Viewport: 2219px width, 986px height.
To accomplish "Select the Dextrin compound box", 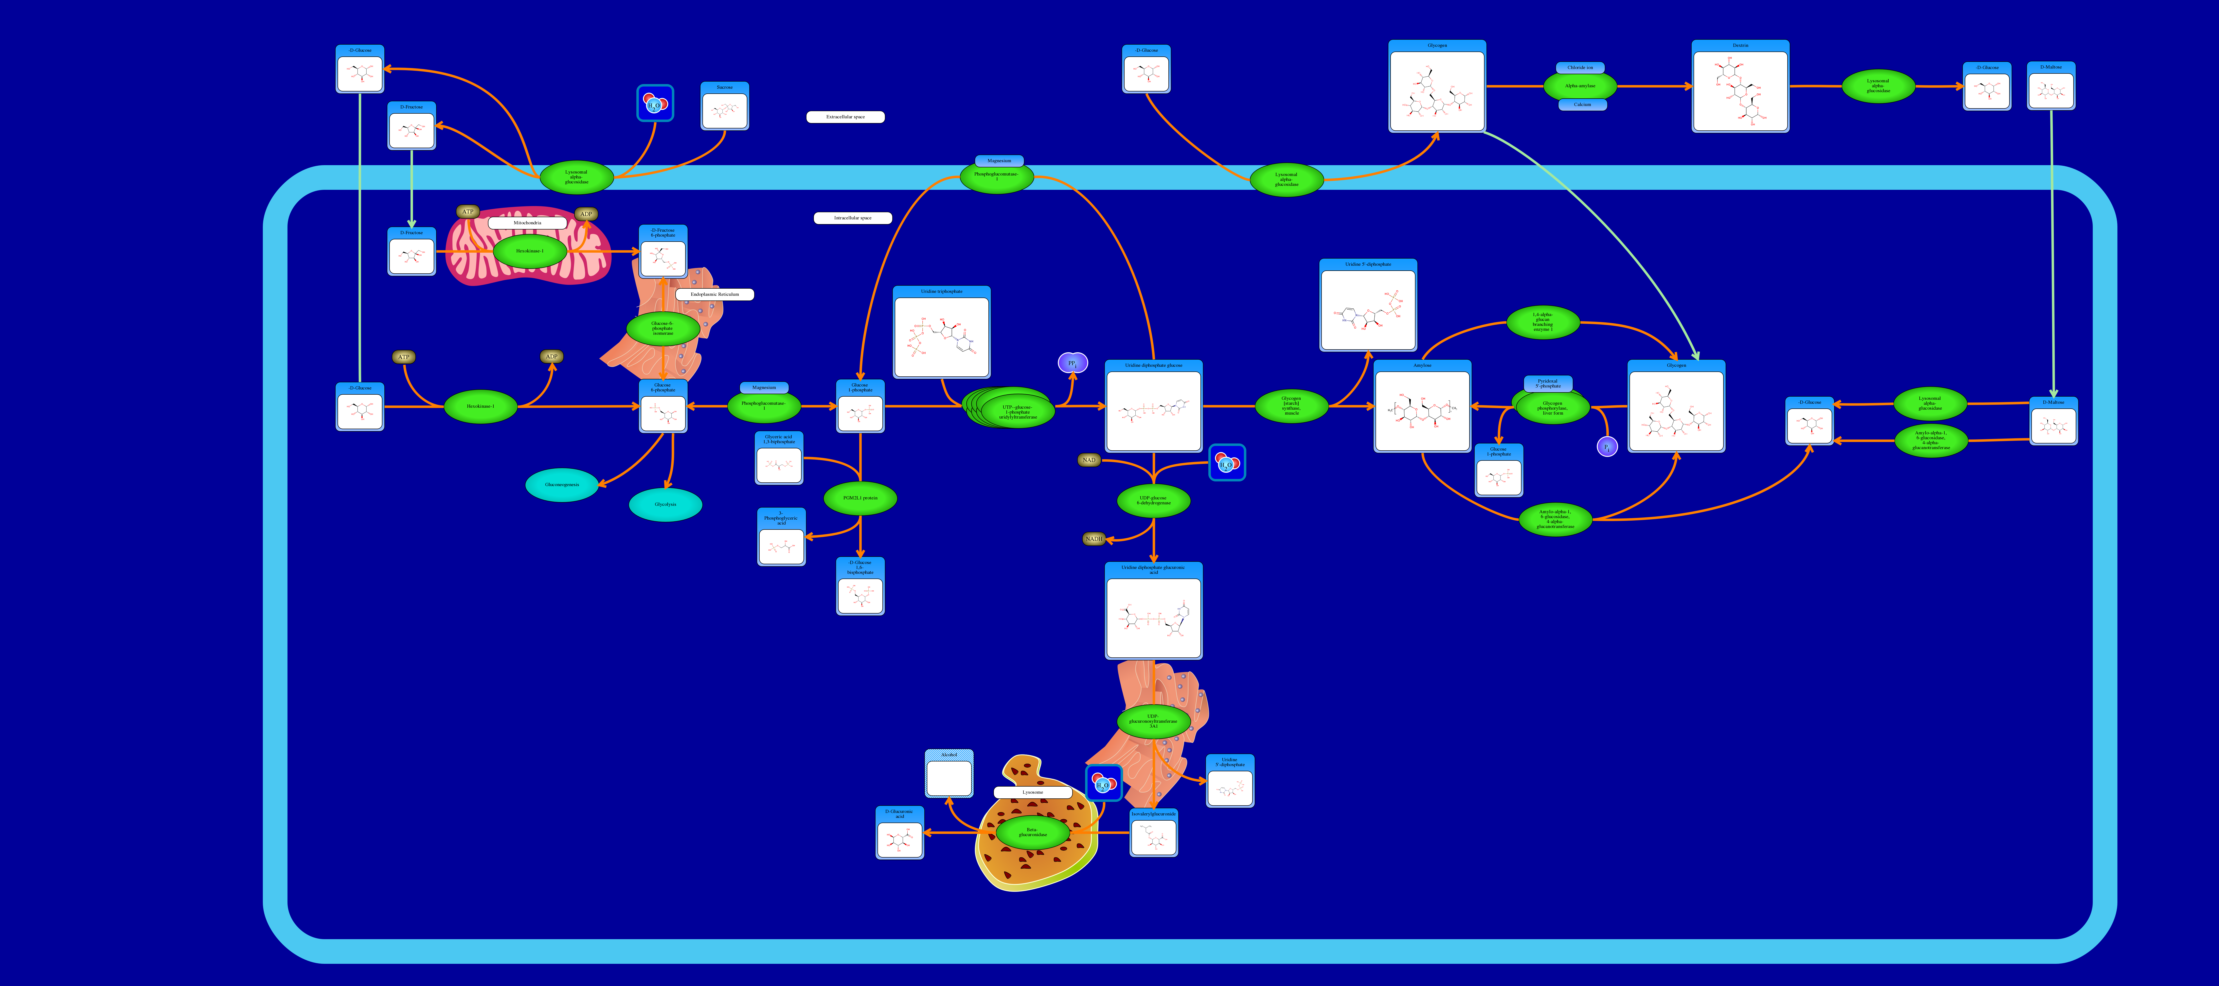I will [1740, 86].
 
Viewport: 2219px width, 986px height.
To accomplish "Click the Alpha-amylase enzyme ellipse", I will [1580, 86].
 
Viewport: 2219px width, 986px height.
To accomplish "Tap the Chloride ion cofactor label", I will [1580, 67].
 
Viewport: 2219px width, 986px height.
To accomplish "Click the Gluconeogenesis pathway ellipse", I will [562, 485].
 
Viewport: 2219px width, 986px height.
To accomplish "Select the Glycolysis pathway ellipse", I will [665, 505].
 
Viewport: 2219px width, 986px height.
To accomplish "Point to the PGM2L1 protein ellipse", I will [860, 498].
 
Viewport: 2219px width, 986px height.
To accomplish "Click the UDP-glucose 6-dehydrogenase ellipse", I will [1153, 500].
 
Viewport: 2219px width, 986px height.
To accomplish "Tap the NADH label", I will [1093, 539].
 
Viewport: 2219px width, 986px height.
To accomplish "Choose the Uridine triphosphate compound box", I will [942, 332].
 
